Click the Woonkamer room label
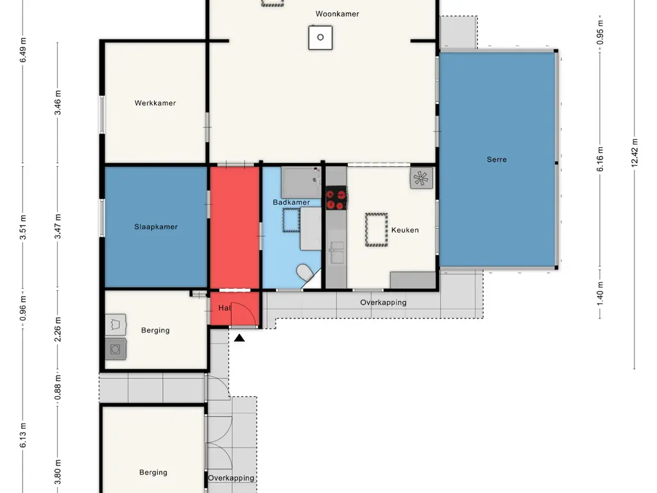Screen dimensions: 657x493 tap(337, 14)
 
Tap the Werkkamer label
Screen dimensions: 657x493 tap(155, 103)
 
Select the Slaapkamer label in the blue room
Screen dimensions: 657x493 tap(156, 227)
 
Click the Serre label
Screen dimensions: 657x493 tap(497, 159)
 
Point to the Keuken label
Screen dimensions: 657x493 tap(405, 230)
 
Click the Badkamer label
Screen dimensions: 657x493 tap(291, 202)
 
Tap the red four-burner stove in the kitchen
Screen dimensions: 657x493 tap(336, 198)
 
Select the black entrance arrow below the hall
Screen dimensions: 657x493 tap(239, 338)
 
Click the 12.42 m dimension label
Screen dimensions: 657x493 tap(635, 153)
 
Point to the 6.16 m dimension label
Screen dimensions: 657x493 tap(600, 159)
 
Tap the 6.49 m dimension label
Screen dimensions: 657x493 tap(23, 50)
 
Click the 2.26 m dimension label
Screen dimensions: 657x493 tap(58, 329)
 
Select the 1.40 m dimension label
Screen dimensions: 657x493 tap(600, 293)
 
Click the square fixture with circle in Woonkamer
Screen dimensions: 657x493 tap(321, 38)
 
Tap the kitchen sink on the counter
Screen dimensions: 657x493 tap(336, 252)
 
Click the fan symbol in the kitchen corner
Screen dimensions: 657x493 tap(421, 178)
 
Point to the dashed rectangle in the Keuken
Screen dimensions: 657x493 tap(376, 230)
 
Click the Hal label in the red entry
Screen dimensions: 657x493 tap(225, 307)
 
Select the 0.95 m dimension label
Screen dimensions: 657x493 tap(600, 32)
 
